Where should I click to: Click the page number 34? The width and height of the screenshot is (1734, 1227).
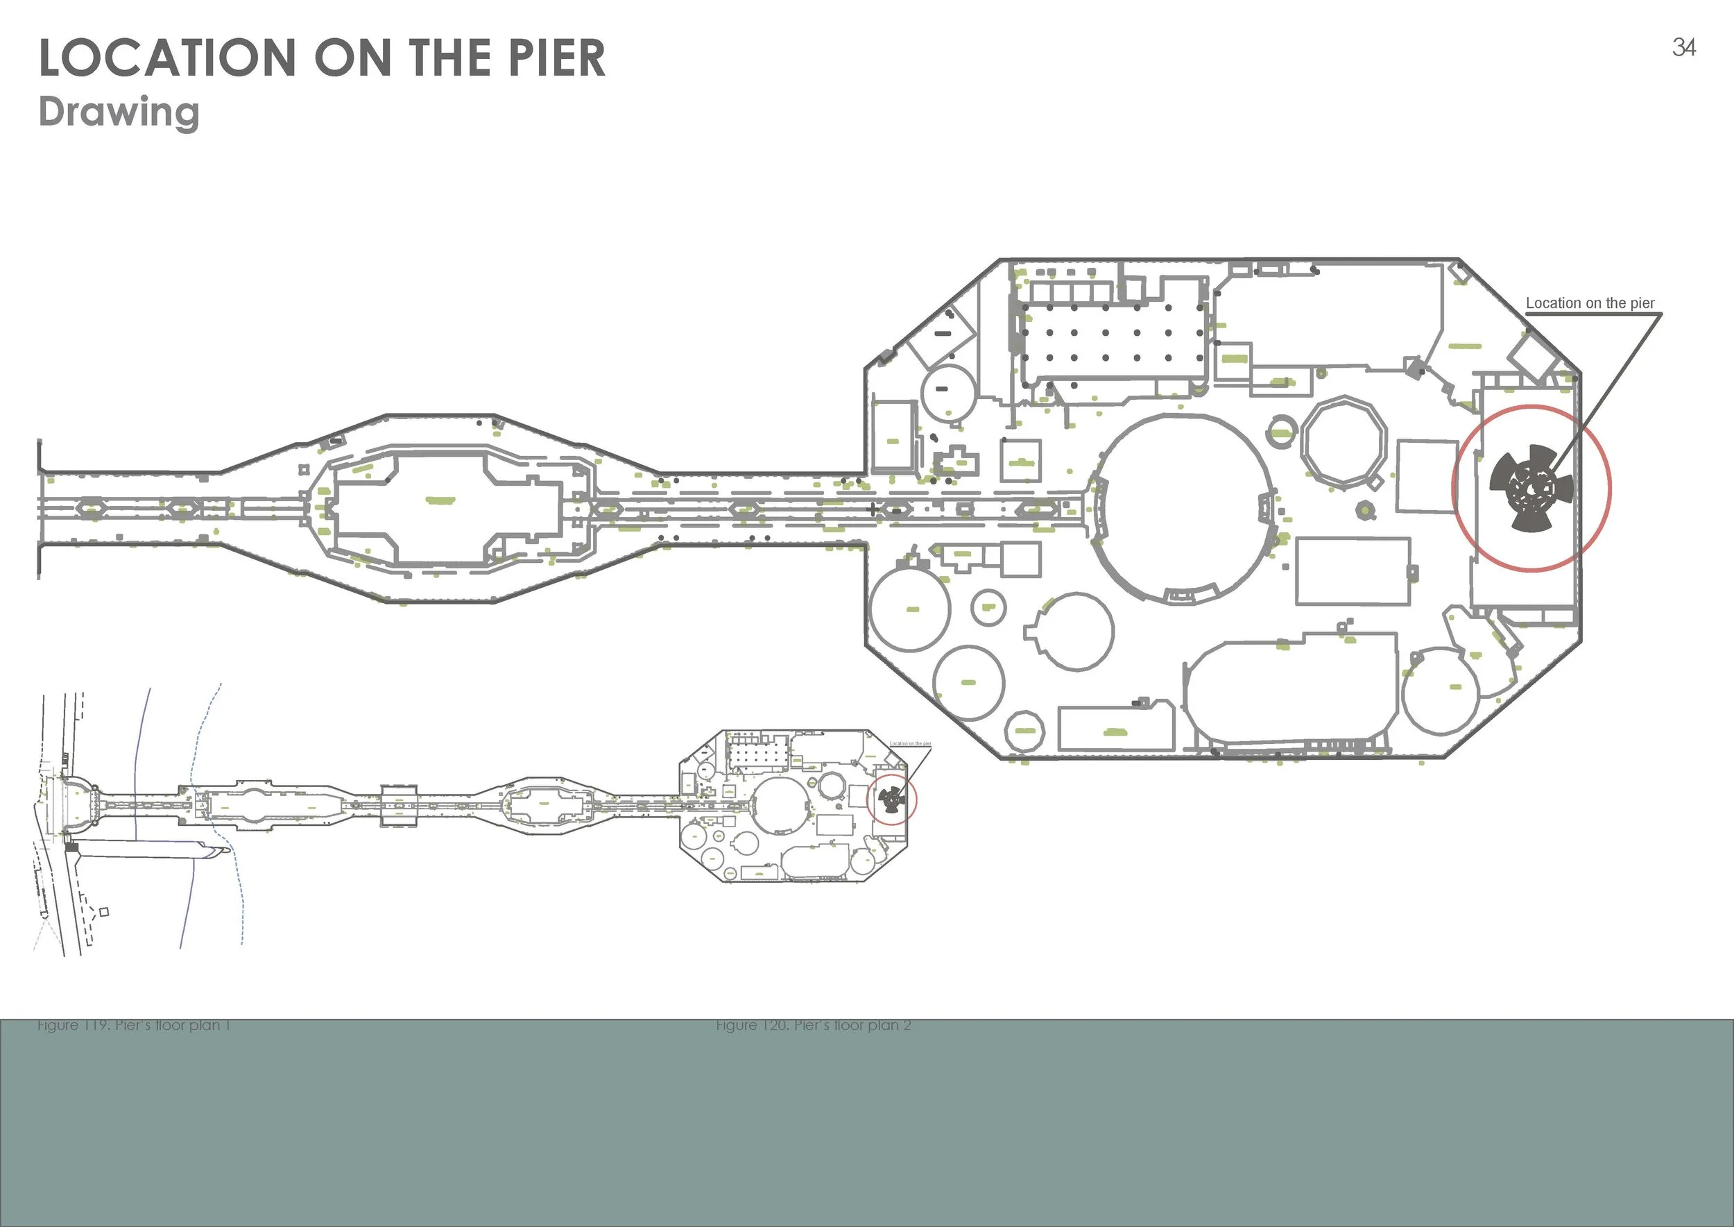coord(1683,48)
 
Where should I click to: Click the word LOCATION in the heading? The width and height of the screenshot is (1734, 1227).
coord(167,58)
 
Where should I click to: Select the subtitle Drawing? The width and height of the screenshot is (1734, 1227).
coord(119,112)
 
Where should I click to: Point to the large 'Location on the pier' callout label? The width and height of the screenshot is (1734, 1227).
coord(1590,303)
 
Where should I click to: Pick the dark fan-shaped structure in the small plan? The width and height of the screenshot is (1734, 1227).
coord(892,799)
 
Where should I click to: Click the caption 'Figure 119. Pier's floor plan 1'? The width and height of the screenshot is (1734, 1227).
coord(134,1025)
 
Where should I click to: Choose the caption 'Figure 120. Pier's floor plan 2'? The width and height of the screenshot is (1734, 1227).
coord(814,1025)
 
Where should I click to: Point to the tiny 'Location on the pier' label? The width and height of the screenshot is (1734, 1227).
coord(910,743)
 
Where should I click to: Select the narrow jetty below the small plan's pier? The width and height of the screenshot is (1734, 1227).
coord(151,849)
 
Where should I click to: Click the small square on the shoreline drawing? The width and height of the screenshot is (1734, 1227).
coord(104,912)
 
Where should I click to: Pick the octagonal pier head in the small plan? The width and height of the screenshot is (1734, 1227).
coord(793,806)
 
